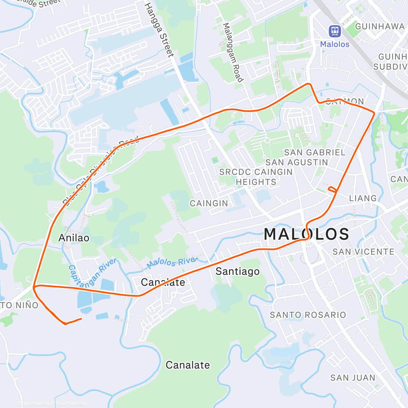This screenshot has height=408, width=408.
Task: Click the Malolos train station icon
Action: tap(335, 31)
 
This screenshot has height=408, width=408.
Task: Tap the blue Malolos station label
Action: tap(335, 44)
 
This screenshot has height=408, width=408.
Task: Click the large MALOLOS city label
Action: tap(306, 234)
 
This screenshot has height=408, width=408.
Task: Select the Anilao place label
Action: tap(74, 238)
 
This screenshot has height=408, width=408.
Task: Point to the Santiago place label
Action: tap(237, 271)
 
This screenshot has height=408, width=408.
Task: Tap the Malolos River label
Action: tap(172, 262)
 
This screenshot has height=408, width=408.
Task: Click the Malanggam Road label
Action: tap(233, 52)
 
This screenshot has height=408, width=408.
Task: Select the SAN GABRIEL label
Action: tap(314, 152)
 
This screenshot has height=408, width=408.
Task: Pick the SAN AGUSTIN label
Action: tap(296, 163)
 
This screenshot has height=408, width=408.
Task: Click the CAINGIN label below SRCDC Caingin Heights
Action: tap(209, 203)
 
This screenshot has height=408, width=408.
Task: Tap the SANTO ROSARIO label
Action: tap(308, 315)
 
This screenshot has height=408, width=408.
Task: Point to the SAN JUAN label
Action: tap(353, 378)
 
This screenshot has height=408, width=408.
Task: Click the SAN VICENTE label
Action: tap(363, 252)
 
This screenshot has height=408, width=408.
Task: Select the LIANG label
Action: tap(363, 198)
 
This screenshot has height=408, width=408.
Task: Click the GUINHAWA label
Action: tap(379, 27)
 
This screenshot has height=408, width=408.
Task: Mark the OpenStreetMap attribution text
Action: tap(71, 404)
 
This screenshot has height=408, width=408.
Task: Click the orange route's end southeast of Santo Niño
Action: tap(81, 319)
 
